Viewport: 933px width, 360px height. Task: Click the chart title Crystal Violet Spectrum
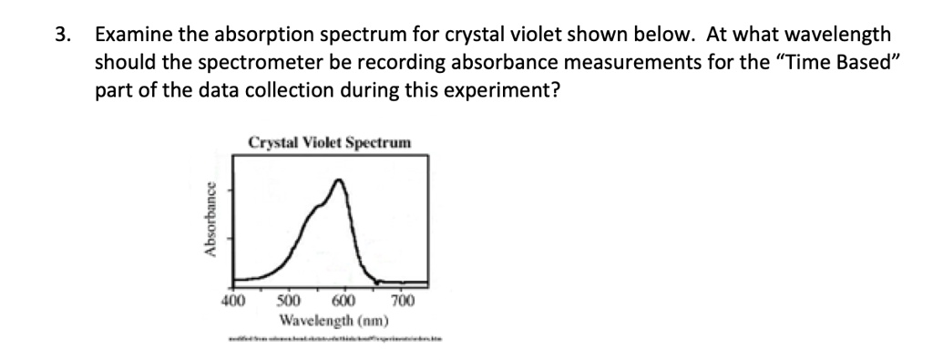click(x=329, y=143)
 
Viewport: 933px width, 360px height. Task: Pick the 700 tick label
click(x=402, y=302)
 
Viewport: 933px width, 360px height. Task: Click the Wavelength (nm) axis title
click(x=334, y=321)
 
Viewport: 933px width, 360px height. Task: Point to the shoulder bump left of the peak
click(x=319, y=209)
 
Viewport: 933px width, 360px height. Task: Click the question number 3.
click(x=61, y=36)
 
